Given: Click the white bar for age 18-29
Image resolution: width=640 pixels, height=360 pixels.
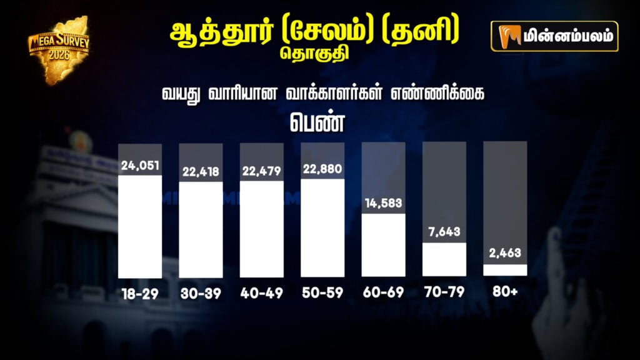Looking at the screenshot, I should pos(140,227).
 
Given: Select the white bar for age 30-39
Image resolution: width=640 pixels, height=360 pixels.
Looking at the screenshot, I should pos(201,229).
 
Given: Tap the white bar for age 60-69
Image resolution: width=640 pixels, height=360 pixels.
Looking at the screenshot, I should pos(383,245).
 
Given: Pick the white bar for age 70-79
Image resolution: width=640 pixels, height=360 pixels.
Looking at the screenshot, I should pos(444,259).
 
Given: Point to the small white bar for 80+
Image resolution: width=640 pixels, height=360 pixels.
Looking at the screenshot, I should pos(505,270).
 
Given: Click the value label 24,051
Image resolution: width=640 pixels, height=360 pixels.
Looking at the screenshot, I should pos(141,166).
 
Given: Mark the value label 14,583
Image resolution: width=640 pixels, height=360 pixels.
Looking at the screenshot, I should pos(383,204).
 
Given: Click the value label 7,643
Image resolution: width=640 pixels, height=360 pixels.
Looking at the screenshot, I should pos(444,232).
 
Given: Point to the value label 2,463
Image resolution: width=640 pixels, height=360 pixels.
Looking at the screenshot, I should pos(505,254).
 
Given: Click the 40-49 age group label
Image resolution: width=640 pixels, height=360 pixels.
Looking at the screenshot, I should pos(261,293).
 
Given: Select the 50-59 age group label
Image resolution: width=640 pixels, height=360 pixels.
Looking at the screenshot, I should pos(322,293).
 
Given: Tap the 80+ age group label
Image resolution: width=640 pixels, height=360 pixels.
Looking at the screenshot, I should pos(505,292).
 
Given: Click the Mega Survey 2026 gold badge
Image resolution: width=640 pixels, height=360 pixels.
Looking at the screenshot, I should pos(59,49).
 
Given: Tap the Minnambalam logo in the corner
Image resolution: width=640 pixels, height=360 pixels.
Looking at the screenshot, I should pos(554,36).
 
